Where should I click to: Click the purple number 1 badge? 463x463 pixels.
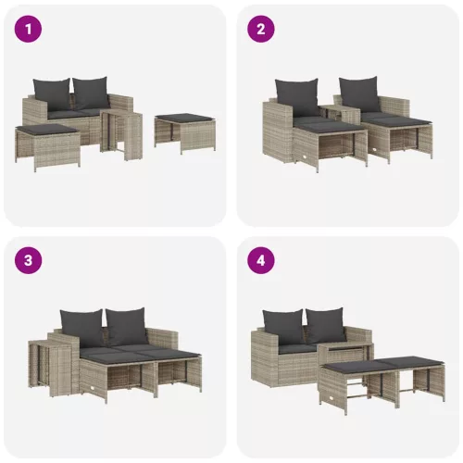pyautogui.click(x=30, y=30)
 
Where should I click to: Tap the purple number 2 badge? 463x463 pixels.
pyautogui.click(x=261, y=30)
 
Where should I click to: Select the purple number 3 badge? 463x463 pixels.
pyautogui.click(x=30, y=260)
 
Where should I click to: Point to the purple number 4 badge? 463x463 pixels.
pyautogui.click(x=261, y=260)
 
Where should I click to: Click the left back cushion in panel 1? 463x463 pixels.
pyautogui.click(x=51, y=92)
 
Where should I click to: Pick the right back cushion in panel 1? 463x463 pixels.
pyautogui.click(x=91, y=91)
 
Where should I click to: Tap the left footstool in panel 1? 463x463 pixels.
pyautogui.click(x=47, y=144)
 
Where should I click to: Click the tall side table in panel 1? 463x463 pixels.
pyautogui.click(x=120, y=133)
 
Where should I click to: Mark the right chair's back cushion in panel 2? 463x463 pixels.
pyautogui.click(x=357, y=92)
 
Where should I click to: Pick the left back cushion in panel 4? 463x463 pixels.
pyautogui.click(x=283, y=324)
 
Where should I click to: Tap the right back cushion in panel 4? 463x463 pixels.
pyautogui.click(x=326, y=324)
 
